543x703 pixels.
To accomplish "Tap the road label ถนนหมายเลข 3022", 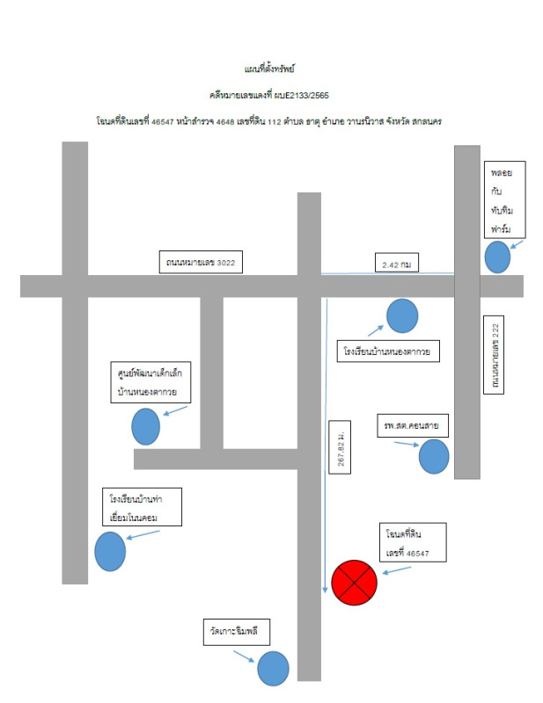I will pos(201,263).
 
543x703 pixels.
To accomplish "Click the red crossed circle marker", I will pos(354,582).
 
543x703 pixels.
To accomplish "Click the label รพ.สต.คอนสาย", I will pos(412,426).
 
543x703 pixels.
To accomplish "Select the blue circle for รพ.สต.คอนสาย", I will pos(434,457).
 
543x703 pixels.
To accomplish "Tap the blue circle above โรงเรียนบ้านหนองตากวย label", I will pos(402,316).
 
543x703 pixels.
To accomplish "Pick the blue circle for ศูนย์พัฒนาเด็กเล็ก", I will pos(145,427).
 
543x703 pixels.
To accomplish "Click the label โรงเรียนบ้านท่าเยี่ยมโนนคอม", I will pos(141,508).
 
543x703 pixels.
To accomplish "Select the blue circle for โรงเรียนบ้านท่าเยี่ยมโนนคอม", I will pos(111,552).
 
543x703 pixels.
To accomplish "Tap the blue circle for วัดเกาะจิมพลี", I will pos(273,669).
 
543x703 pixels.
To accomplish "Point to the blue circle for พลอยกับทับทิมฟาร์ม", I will pos(497,258).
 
